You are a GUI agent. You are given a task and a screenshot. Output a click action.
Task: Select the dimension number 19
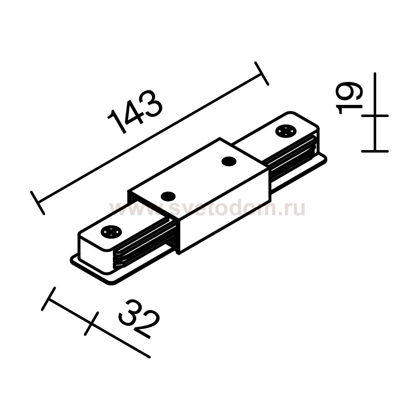pos(349,98)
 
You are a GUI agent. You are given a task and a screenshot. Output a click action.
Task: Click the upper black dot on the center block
pos(229,161)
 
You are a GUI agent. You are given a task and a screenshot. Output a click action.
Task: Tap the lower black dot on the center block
pos(168,197)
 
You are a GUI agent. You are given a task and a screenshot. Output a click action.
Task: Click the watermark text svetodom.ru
pos(207,209)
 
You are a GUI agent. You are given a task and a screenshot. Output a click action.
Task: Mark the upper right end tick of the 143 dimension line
pos(262,74)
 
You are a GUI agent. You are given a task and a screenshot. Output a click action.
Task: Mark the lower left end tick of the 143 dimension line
pos(38,203)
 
